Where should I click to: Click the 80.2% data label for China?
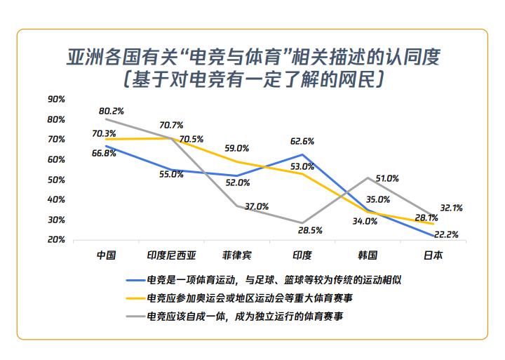point(112,111)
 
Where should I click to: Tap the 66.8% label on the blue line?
point(104,154)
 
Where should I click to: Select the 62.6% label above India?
point(302,141)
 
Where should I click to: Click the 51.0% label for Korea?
point(388,178)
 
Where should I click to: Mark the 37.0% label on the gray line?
point(257,206)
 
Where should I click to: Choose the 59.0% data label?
point(236,149)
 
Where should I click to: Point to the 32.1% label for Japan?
point(450,208)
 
